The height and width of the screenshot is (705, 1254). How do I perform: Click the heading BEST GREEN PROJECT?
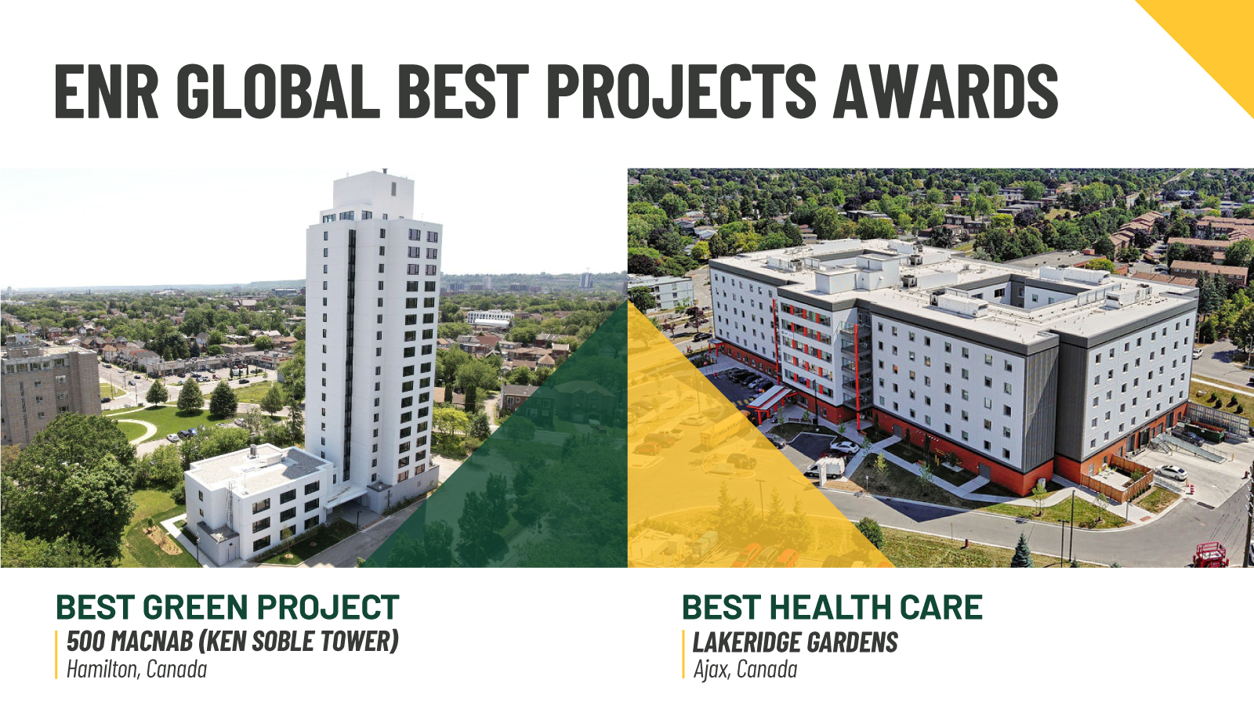coord(227,608)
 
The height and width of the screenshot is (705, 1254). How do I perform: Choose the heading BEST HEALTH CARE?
coord(832,608)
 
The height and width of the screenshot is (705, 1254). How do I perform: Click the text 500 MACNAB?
coord(129,642)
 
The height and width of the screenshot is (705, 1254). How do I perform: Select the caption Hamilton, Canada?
coord(137,670)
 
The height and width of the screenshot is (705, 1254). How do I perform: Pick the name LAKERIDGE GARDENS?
coord(795,642)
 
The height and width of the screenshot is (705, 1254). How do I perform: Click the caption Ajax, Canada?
coord(745,670)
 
